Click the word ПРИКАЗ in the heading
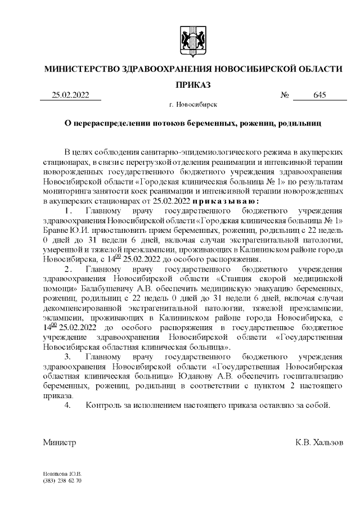pyautogui.click(x=193, y=84)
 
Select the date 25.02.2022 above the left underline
pyautogui.click(x=70, y=95)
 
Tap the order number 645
pyautogui.click(x=320, y=95)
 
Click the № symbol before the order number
pyautogui.click(x=285, y=95)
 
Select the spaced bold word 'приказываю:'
pyautogui.click(x=225, y=201)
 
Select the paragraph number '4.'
pyautogui.click(x=68, y=406)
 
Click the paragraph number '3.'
pyautogui.click(x=68, y=357)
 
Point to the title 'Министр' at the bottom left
pyautogui.click(x=60, y=443)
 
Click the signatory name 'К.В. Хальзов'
pyautogui.click(x=319, y=443)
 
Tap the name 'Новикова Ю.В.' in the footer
pyautogui.click(x=62, y=474)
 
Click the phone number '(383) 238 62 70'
pyautogui.click(x=62, y=481)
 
